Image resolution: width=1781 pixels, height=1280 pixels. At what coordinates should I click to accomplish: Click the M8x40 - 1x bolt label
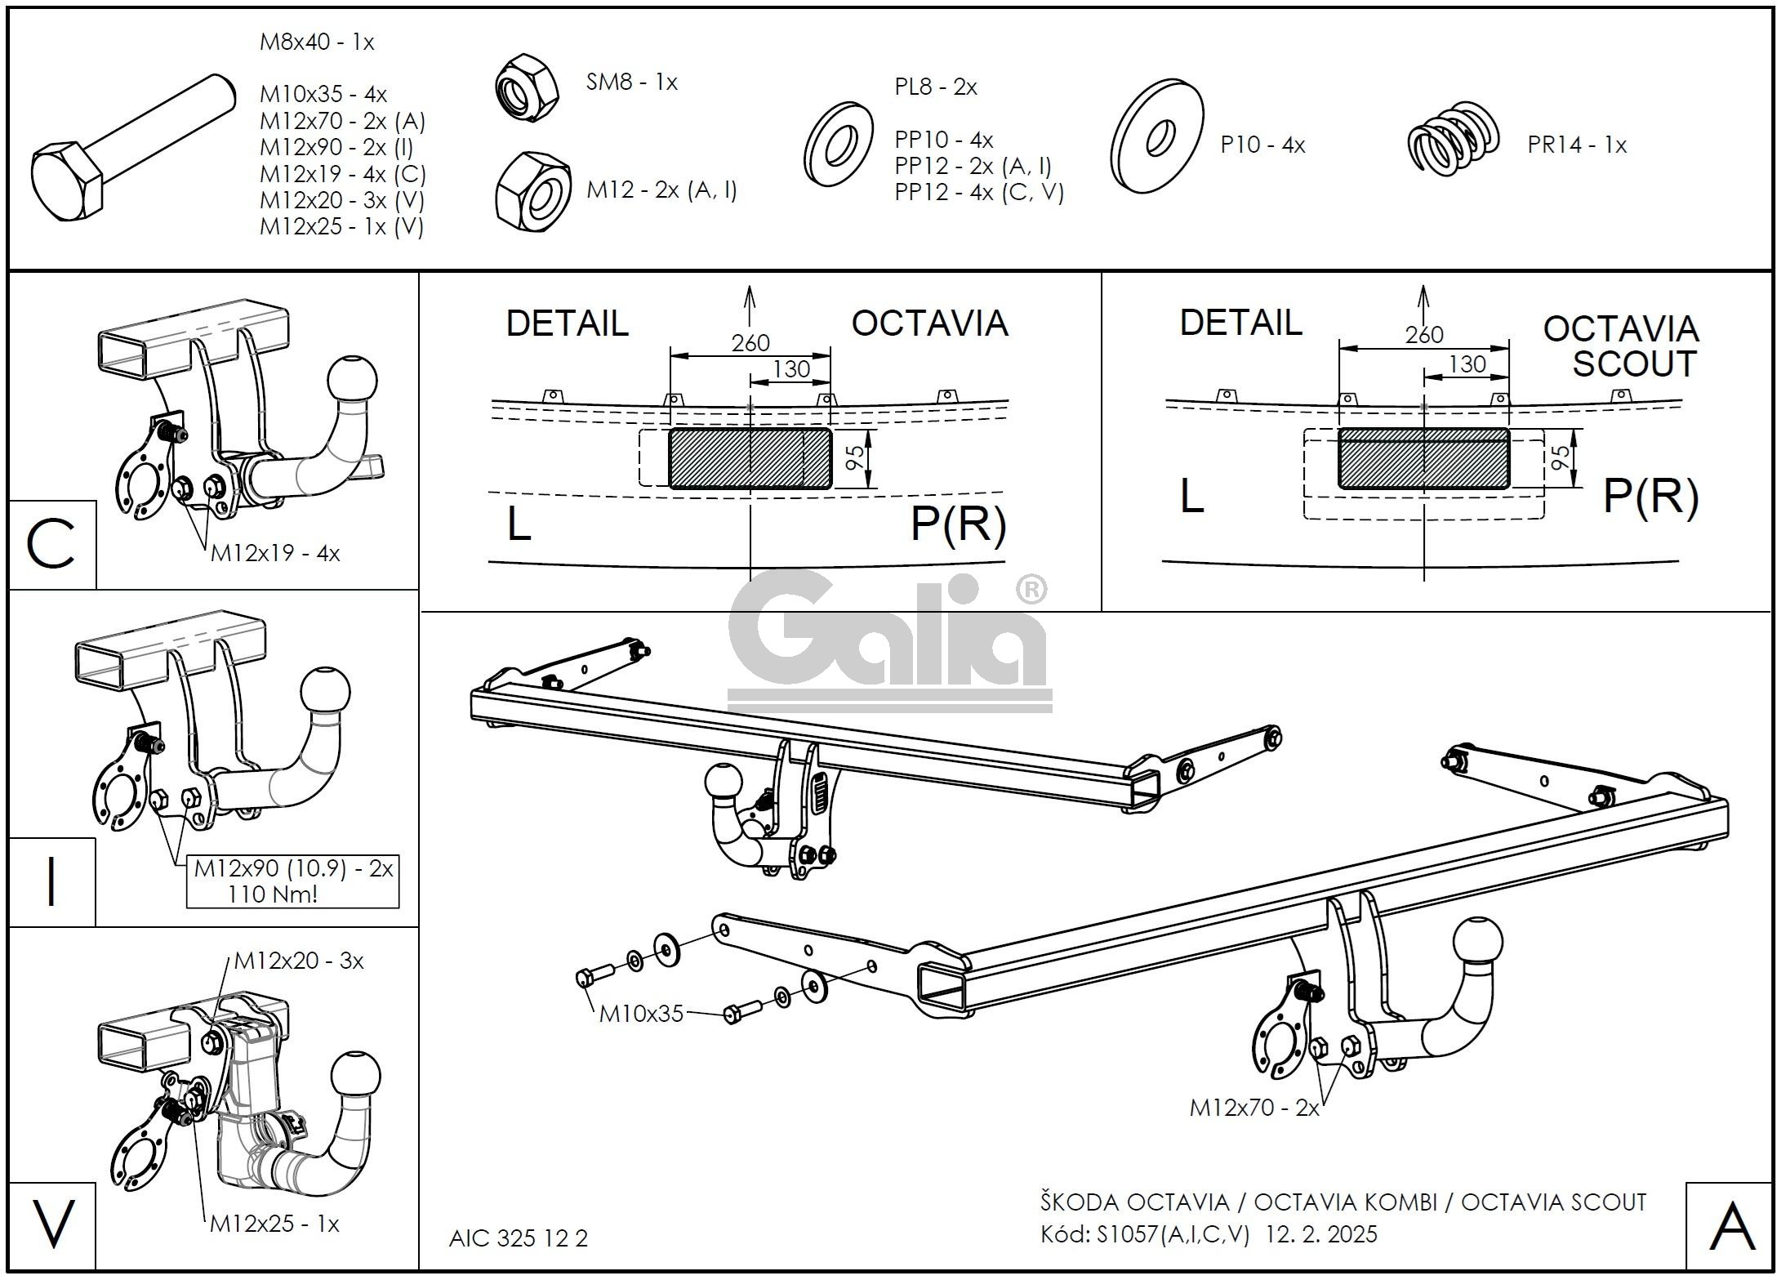click(317, 42)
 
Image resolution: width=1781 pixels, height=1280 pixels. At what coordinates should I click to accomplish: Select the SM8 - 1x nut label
click(631, 82)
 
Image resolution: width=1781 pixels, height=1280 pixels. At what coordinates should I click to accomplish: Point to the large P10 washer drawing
click(1157, 136)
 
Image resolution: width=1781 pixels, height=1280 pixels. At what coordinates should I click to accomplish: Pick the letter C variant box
click(51, 545)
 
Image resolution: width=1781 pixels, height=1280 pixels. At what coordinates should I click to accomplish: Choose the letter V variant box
click(52, 1224)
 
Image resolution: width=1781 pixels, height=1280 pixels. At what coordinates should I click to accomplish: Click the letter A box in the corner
click(1732, 1228)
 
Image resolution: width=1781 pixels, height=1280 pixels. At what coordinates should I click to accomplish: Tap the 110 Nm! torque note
click(272, 894)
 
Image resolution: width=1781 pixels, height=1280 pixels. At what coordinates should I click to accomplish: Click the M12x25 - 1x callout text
click(274, 1224)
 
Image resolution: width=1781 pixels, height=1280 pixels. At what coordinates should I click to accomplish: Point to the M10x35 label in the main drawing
click(640, 1015)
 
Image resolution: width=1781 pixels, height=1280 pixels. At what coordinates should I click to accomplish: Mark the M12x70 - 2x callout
click(1253, 1108)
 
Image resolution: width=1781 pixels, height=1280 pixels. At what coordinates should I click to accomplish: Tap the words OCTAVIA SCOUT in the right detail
click(1620, 346)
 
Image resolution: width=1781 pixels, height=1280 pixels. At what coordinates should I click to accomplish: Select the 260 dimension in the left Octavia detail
click(750, 342)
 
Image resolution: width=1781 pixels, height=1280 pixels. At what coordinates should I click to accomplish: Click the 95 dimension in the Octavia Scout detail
click(1559, 457)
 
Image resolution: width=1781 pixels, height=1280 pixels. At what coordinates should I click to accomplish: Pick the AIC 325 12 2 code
click(518, 1239)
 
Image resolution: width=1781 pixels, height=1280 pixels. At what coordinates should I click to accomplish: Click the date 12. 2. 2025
click(1320, 1234)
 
